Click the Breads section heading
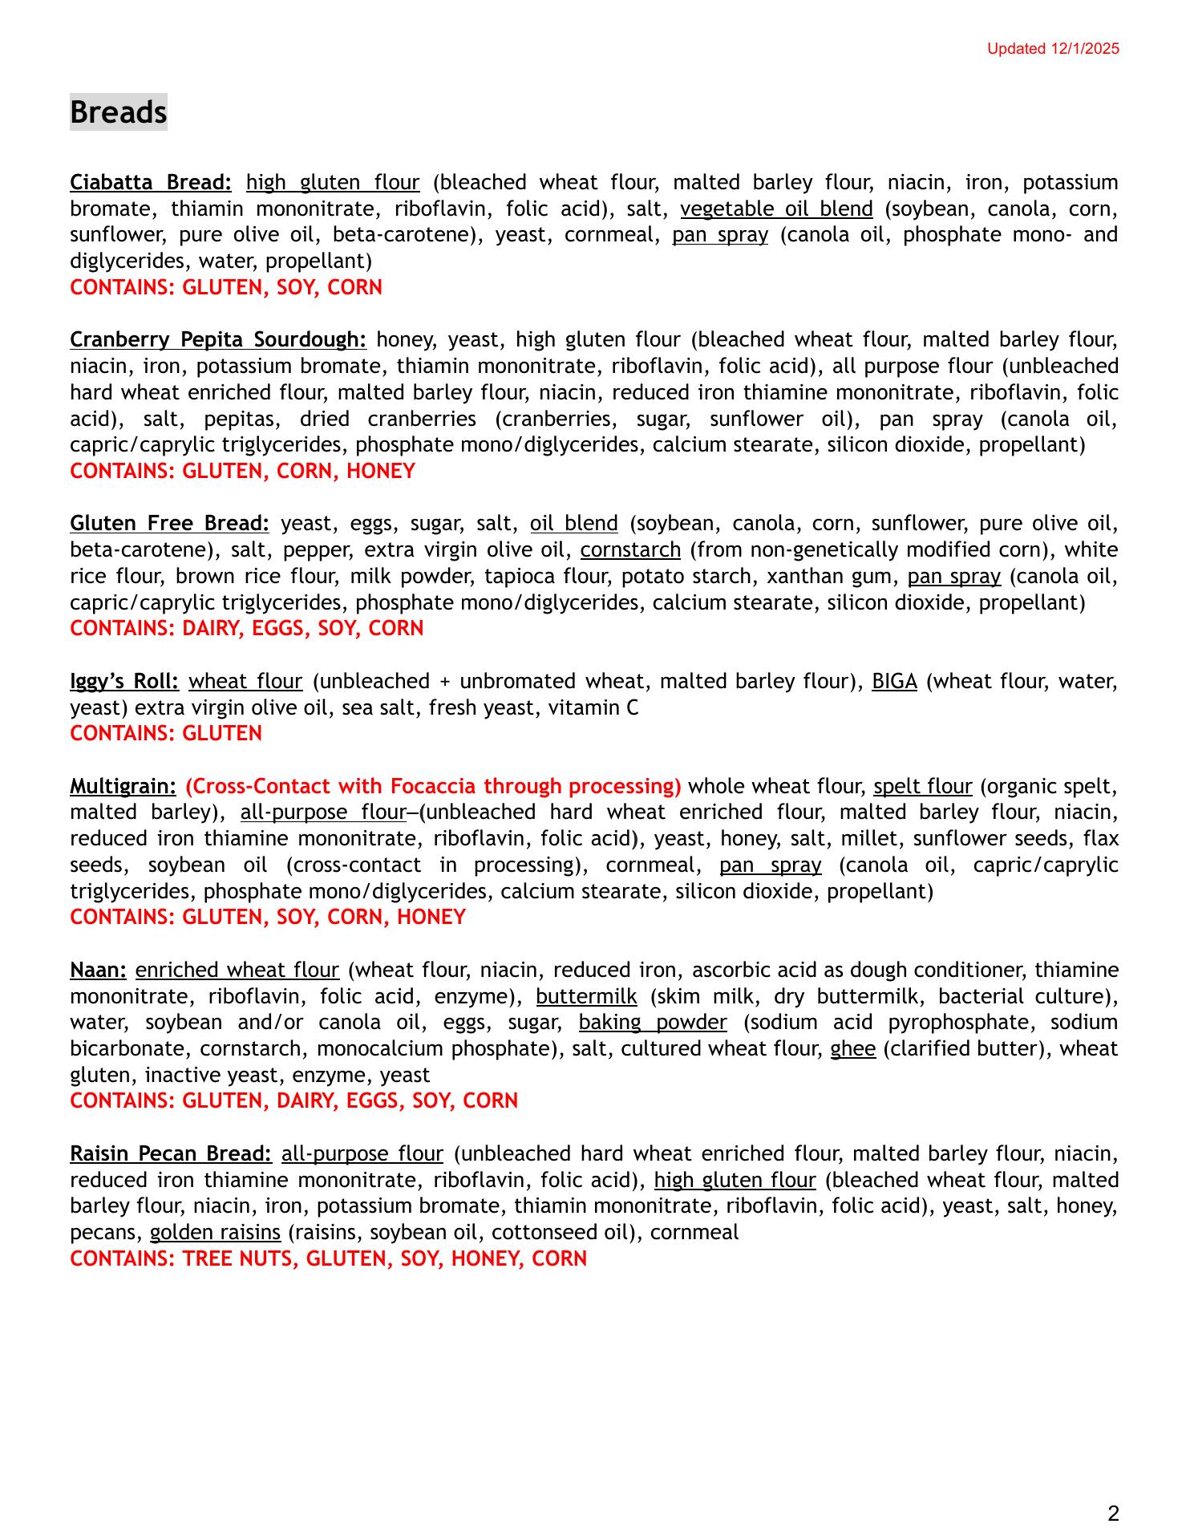click(x=118, y=111)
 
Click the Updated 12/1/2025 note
click(x=1052, y=49)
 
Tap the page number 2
click(x=1113, y=1514)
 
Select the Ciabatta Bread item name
click(x=151, y=183)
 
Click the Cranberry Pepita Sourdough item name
click(x=218, y=340)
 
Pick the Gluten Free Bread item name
click(x=169, y=524)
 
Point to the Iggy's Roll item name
click(x=124, y=682)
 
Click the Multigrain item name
click(x=123, y=786)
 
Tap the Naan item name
click(x=98, y=971)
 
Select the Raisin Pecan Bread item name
click(x=171, y=1154)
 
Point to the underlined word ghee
click(x=852, y=1049)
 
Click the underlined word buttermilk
click(x=586, y=997)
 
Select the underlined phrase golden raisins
click(x=215, y=1233)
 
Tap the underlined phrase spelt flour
click(x=922, y=786)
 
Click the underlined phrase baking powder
click(x=653, y=1023)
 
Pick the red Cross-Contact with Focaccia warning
click(x=433, y=786)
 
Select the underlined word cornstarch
click(x=630, y=550)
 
